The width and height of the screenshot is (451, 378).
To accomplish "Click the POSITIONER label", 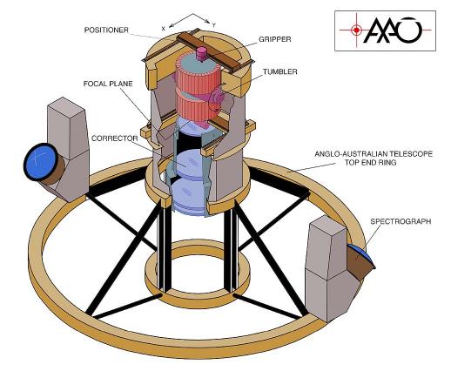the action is (106, 30).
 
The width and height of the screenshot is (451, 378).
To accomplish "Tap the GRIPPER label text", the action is (274, 39).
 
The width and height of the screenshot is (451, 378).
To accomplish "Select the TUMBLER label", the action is (280, 71).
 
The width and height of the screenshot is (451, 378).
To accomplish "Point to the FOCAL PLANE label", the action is (108, 84).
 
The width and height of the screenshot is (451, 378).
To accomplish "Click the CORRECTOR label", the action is (115, 138).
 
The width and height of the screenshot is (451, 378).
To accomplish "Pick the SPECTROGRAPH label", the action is (401, 221).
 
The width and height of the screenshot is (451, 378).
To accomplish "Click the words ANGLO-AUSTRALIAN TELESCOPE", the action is (374, 153).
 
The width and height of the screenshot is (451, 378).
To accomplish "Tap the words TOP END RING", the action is (370, 162).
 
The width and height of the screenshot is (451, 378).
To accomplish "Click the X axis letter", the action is (164, 29).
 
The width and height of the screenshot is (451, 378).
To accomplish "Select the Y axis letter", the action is (213, 25).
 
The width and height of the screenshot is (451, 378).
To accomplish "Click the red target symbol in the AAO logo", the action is (356, 30).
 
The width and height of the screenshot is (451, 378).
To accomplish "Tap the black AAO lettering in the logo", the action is (392, 30).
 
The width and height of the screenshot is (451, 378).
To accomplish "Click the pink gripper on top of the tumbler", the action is (202, 54).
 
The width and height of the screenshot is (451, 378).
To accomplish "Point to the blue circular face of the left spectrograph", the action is (40, 162).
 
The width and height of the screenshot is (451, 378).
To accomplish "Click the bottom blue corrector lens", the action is (189, 198).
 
